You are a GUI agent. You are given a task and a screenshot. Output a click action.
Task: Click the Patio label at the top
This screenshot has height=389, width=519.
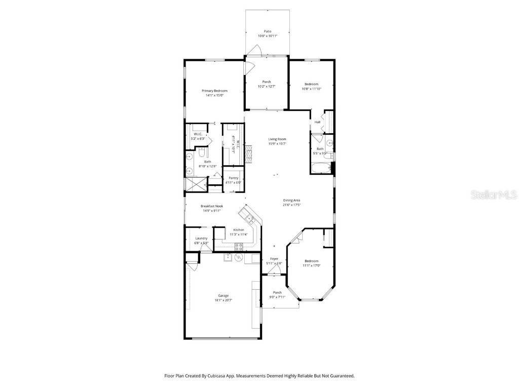[x=267, y=31]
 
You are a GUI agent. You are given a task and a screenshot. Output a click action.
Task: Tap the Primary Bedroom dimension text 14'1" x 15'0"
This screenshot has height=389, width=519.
[x=214, y=95]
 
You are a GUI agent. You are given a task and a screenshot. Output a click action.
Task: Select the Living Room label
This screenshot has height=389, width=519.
[x=277, y=139]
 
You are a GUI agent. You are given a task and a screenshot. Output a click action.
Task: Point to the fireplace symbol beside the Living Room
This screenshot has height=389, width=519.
[x=248, y=152]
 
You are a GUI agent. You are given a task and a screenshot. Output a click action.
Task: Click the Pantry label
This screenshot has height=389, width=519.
[x=233, y=178]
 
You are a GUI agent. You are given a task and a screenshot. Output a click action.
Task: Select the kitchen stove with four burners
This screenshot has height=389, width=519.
[x=238, y=247]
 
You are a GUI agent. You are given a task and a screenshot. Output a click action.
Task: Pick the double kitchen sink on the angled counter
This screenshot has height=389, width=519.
[x=249, y=219]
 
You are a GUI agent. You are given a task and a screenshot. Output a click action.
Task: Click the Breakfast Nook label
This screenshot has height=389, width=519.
[x=211, y=206]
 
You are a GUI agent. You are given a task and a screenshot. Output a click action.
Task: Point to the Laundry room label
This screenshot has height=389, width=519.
[x=201, y=238]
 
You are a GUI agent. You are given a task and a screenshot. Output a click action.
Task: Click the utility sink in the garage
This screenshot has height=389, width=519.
[x=229, y=258]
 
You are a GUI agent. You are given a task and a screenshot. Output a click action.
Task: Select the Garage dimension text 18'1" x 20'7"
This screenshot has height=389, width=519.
[x=223, y=300]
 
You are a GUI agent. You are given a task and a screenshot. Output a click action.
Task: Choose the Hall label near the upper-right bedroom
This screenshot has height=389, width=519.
[x=317, y=122]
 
